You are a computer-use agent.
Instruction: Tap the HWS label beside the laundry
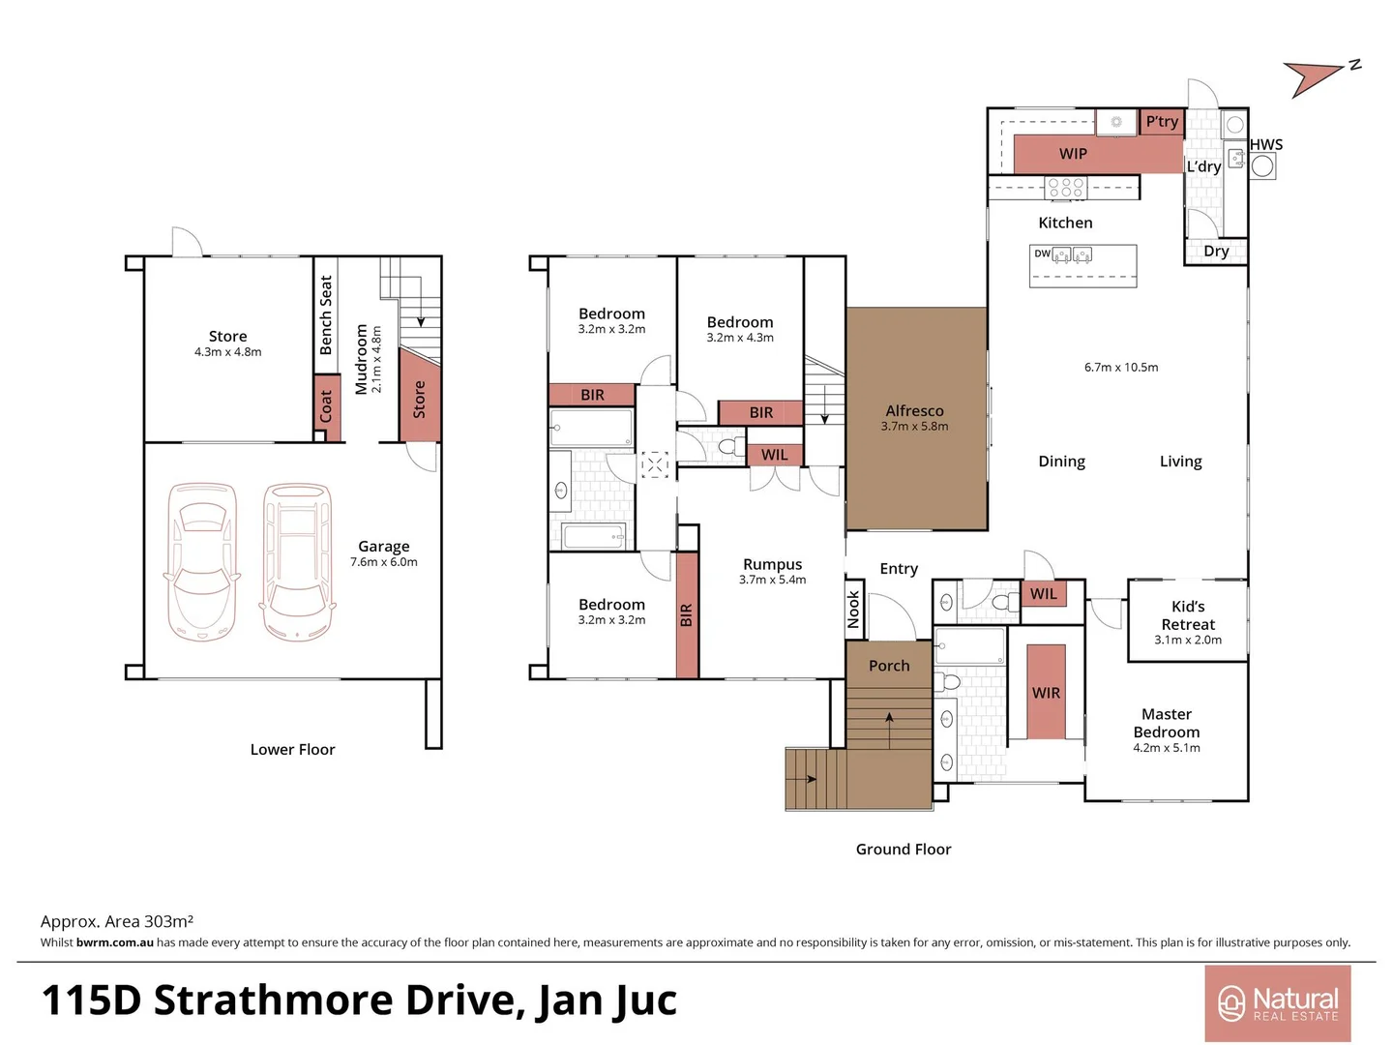1266,145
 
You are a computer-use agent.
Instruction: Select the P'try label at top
1162,122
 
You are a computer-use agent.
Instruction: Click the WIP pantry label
1073,154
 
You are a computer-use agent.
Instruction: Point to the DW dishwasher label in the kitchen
1042,254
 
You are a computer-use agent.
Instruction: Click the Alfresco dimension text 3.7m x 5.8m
914,427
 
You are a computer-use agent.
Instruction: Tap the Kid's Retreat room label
1188,615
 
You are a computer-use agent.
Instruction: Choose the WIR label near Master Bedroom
1046,693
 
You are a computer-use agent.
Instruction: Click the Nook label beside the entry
853,611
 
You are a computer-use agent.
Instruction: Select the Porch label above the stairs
889,666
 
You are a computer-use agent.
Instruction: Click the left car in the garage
202,562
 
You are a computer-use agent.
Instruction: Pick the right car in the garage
298,562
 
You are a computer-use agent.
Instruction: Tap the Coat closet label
326,406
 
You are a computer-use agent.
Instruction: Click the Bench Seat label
326,315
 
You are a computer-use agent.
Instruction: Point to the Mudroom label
362,359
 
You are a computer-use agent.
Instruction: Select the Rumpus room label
772,564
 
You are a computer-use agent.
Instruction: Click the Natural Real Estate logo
1277,1003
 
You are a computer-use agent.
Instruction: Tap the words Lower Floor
292,750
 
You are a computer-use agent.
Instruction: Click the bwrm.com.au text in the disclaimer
115,942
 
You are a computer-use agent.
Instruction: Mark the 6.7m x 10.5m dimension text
1121,368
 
